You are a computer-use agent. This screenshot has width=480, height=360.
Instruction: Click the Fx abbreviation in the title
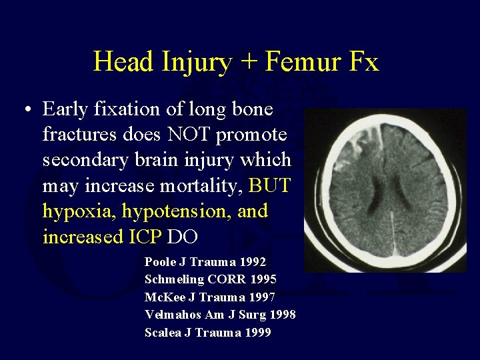coord(363,62)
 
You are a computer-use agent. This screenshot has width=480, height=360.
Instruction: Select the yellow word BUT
coord(270,185)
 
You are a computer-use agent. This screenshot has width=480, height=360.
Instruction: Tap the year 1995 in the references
coord(263,279)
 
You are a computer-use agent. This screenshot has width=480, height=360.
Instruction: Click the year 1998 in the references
coord(281,314)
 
